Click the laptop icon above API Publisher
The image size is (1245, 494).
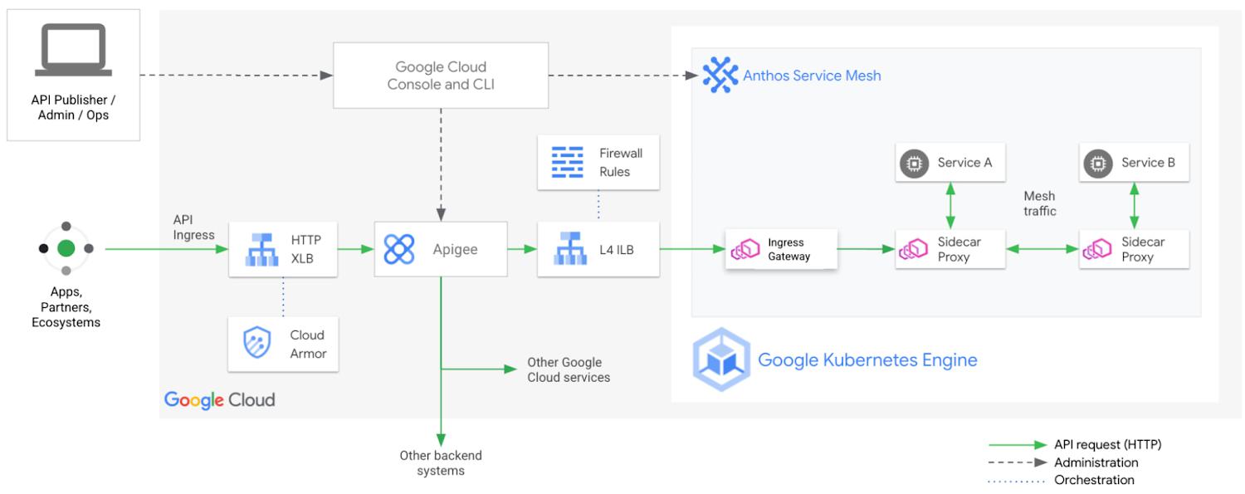point(73,50)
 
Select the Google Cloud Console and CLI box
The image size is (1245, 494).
point(441,76)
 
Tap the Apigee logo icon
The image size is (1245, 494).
point(399,249)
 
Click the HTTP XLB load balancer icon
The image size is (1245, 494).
point(261,250)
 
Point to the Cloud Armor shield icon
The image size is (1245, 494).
point(256,342)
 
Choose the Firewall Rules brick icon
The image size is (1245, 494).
point(568,162)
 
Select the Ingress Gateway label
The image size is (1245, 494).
point(788,250)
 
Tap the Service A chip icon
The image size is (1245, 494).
point(915,164)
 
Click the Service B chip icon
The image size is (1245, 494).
point(1098,164)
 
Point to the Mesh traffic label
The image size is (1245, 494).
point(1040,203)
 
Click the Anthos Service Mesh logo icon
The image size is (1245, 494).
point(720,75)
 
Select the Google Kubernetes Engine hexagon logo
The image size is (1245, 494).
point(721,359)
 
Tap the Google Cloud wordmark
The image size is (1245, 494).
point(220,400)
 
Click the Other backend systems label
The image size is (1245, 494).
point(441,463)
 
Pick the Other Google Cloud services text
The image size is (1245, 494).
point(569,370)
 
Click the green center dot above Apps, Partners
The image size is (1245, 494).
point(66,248)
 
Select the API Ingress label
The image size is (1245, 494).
point(193,227)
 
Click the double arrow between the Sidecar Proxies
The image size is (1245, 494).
point(1042,249)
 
